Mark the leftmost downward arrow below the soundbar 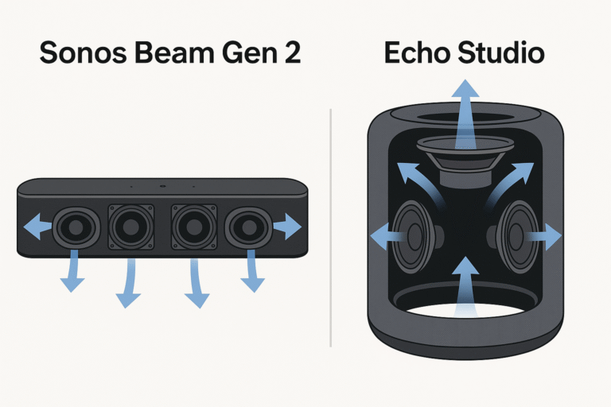tap(72, 271)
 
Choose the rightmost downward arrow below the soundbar tap(252, 271)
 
